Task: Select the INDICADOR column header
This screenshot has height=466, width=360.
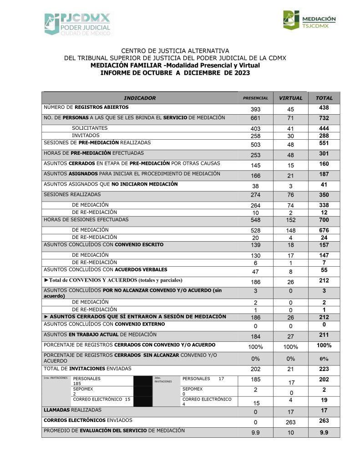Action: coord(140,98)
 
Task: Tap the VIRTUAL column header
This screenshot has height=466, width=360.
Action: coord(290,98)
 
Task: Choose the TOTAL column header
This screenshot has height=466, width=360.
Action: coord(324,98)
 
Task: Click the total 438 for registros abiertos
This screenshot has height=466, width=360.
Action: coord(324,108)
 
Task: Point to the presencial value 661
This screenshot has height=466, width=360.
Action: coord(255,119)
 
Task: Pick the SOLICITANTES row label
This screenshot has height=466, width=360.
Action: coord(90,128)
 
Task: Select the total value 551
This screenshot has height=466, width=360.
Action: coord(324,143)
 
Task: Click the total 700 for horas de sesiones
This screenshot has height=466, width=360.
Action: coord(324,220)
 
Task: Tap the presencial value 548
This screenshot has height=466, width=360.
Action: coord(255,221)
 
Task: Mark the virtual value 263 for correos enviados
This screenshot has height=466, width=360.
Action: coord(290,422)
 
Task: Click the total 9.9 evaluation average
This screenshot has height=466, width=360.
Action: coord(324,432)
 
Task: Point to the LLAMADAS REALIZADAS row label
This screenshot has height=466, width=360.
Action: coord(72,410)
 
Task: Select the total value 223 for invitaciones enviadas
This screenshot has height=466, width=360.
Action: coord(324,369)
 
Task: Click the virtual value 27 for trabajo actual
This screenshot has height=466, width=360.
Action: coord(290,337)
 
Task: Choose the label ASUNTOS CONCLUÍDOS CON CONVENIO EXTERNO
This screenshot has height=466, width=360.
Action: coord(104,324)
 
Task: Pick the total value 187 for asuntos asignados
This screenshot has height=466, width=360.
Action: coord(324,175)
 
